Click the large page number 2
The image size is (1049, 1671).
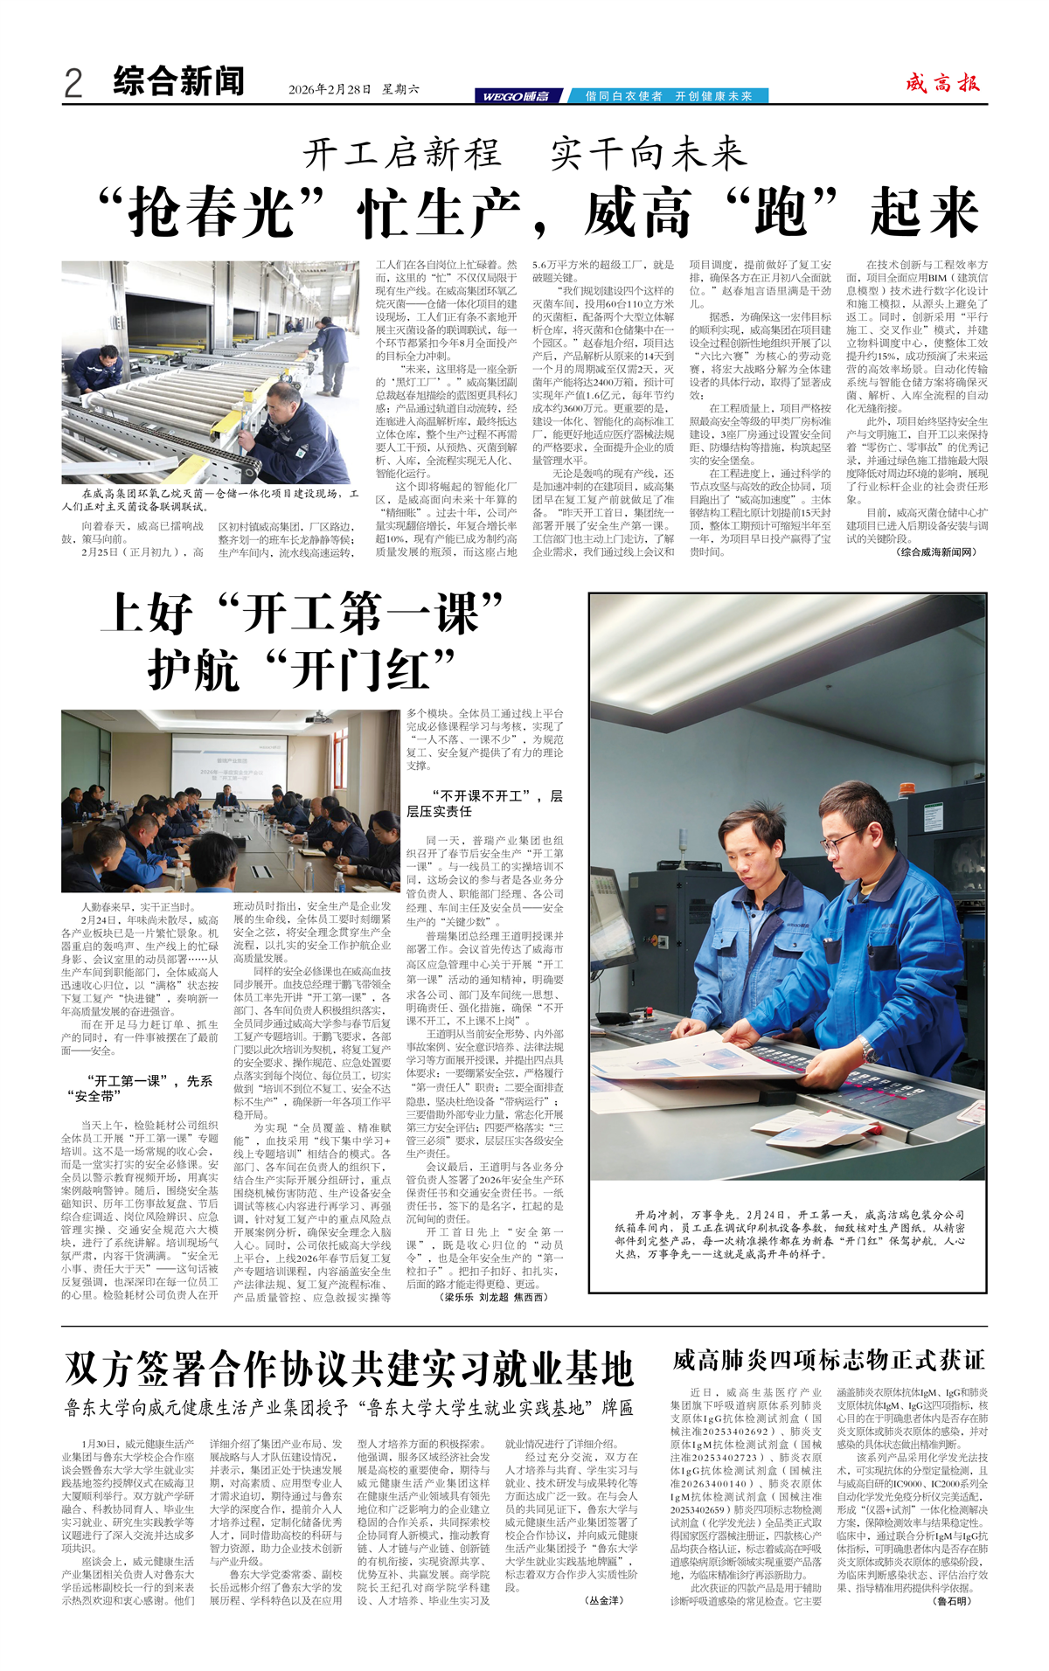[73, 83]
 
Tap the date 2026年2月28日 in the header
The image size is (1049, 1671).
[330, 89]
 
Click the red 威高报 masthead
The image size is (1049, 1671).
[942, 83]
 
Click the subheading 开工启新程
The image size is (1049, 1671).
[403, 154]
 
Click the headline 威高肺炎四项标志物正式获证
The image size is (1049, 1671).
[828, 1360]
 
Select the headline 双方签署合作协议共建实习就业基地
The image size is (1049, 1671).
[349, 1369]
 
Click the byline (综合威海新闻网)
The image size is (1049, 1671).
[936, 551]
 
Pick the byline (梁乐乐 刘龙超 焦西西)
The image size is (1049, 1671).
[494, 1297]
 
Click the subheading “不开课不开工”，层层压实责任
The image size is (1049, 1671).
[484, 803]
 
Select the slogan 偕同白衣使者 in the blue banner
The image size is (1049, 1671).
[623, 96]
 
